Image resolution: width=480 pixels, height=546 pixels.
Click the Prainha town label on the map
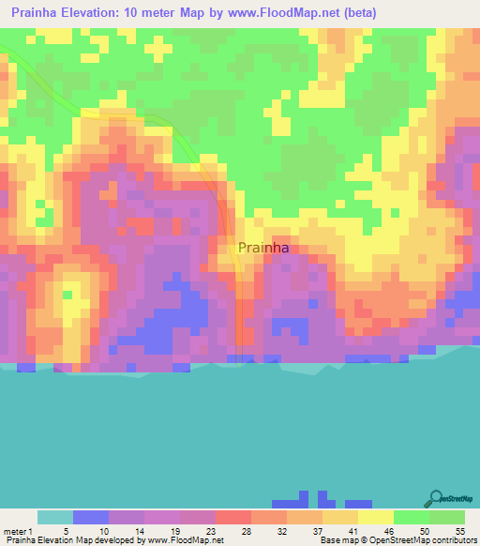263,248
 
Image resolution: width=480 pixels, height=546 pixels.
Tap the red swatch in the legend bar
232,517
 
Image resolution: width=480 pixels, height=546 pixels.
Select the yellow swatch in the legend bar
375,517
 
